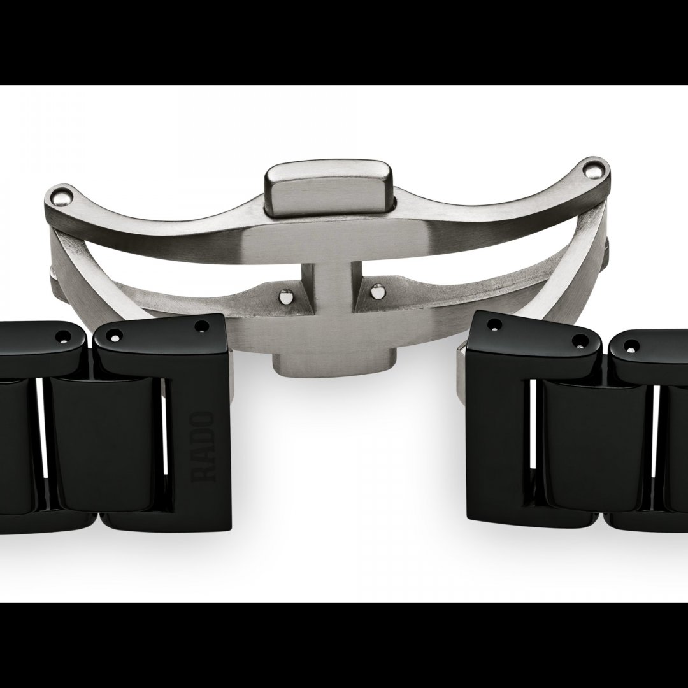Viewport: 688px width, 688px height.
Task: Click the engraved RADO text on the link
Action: pyautogui.click(x=203, y=446)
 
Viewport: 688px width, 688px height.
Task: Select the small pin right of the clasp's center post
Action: pyautogui.click(x=376, y=290)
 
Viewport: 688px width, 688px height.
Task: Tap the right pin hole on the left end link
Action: pyautogui.click(x=203, y=326)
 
